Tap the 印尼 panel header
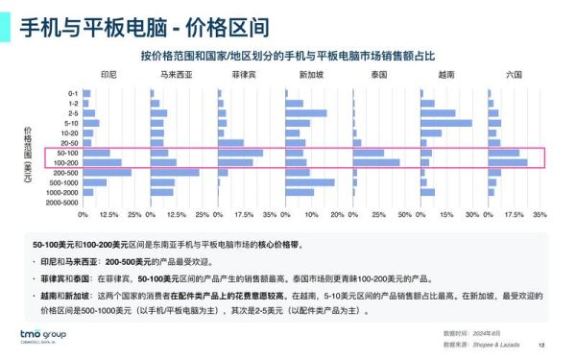pyautogui.click(x=109, y=75)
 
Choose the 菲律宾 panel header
pyautogui.click(x=244, y=75)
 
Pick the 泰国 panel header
pyautogui.click(x=378, y=75)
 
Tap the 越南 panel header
pyautogui.click(x=446, y=75)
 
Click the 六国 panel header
pyautogui.click(x=514, y=75)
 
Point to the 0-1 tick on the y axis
pyautogui.click(x=73, y=93)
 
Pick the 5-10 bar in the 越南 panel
pyautogui.click(x=446, y=123)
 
